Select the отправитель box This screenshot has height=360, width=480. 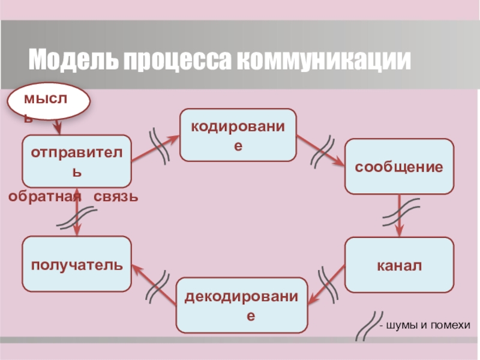coord(77,161)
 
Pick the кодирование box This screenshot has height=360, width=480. coord(238,135)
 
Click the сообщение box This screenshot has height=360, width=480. coord(399,166)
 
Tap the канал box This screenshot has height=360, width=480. coord(399,265)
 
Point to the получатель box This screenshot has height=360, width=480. coord(77,264)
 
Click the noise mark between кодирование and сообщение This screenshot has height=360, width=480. coord(322,152)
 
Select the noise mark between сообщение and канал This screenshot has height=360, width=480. coord(400,214)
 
